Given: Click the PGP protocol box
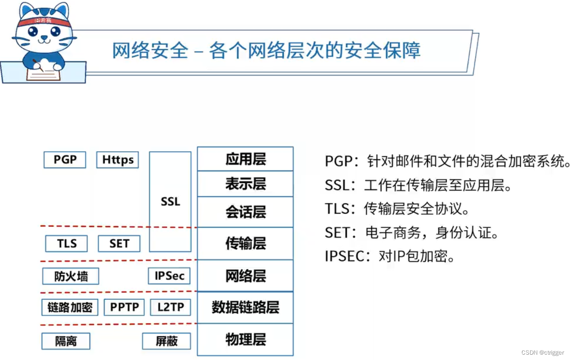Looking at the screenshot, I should [65, 160].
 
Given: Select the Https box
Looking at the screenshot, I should [117, 160].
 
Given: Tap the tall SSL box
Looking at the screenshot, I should [170, 202].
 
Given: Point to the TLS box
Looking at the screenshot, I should [66, 244].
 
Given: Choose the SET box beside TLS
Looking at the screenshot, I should [119, 244].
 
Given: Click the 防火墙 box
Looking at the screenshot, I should [70, 276].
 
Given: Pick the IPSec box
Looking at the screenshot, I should [169, 276].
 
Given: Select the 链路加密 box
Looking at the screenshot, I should [70, 307].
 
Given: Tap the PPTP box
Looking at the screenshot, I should [124, 307].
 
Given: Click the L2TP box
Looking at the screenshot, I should [170, 307].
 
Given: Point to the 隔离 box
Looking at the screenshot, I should [66, 341].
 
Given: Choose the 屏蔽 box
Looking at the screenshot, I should [167, 341].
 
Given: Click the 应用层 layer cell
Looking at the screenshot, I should [245, 159].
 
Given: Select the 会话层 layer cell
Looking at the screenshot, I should [245, 212].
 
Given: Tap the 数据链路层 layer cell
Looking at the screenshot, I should [245, 307].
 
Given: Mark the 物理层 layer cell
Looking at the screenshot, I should [245, 339].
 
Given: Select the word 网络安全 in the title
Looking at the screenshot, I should [150, 51].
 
